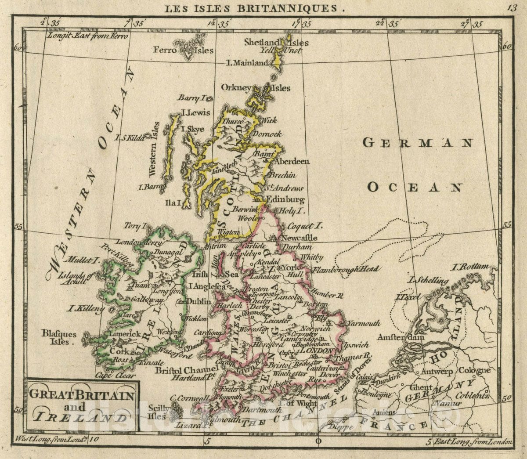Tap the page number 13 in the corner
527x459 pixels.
pos(512,7)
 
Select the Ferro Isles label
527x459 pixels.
pos(183,50)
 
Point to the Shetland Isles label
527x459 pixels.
pos(276,43)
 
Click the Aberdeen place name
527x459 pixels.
pos(292,161)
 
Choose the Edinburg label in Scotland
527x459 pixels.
pos(285,199)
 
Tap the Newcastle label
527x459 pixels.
pos(300,238)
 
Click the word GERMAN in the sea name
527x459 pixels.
pos(418,143)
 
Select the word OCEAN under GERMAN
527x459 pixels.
pos(415,188)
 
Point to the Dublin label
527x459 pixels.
pos(199,301)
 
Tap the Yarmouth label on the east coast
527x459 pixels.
pos(364,323)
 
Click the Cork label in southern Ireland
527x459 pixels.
pos(119,351)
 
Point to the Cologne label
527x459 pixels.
pos(474,370)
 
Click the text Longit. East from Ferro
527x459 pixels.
pos(87,36)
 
